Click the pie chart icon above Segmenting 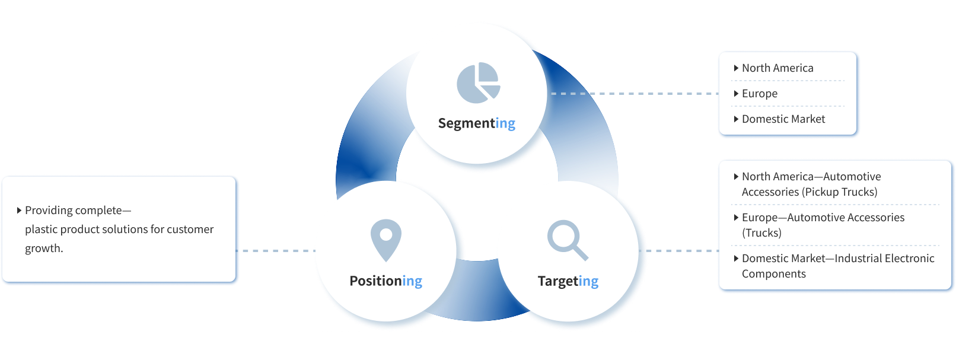pos(478,82)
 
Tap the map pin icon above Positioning pos(385,240)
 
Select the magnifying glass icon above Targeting pos(567,240)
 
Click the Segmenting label pos(476,123)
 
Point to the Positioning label pos(385,281)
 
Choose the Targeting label pos(568,281)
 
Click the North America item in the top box pos(777,68)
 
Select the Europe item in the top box pos(759,94)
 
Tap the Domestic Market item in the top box pos(783,119)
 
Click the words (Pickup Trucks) pos(839,192)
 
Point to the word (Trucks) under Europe pos(761,233)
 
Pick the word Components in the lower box pos(773,274)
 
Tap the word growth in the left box pos(43,249)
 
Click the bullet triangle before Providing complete pos(20,210)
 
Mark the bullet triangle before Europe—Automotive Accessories pos(736,217)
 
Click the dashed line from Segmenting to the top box pos(632,94)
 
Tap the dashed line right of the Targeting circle pos(682,251)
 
